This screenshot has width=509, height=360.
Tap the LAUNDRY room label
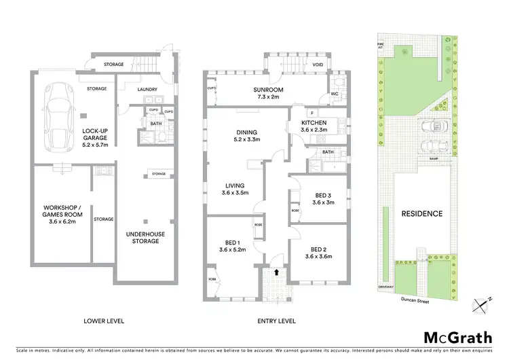point(147,89)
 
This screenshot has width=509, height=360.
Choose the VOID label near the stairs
point(317,65)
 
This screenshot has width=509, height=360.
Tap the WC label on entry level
point(334,94)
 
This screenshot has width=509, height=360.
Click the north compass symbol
point(481,304)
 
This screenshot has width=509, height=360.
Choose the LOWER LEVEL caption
point(103,320)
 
